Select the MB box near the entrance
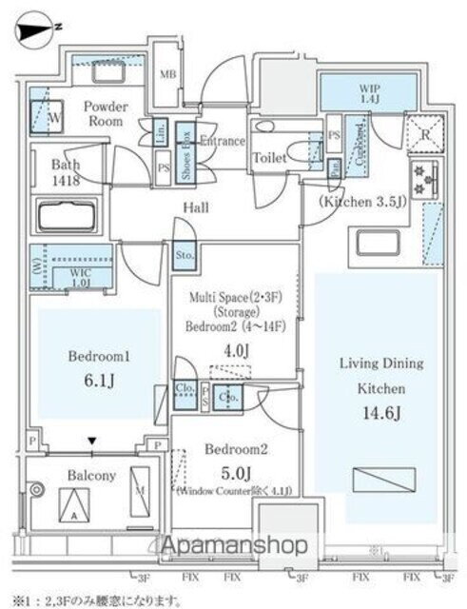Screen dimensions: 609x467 167,74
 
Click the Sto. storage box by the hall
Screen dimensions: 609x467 183,255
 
